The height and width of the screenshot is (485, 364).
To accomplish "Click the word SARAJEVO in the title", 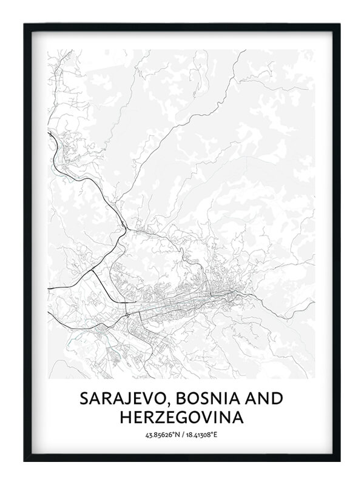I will click(x=119, y=399).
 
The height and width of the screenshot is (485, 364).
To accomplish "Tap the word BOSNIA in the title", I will click(x=200, y=399).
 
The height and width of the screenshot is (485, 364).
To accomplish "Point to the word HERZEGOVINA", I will click(x=182, y=418).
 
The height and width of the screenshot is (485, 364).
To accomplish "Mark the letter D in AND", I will click(x=277, y=399).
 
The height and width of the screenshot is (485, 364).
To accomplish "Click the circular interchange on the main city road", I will click(x=126, y=315).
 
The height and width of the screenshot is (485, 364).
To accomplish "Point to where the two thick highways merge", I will click(x=125, y=229).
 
